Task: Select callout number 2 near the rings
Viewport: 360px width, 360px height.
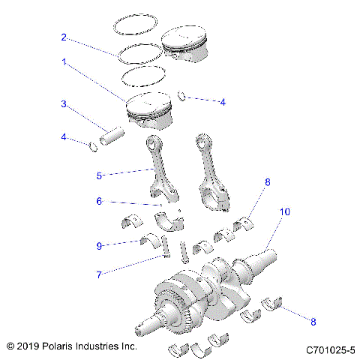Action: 65,37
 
